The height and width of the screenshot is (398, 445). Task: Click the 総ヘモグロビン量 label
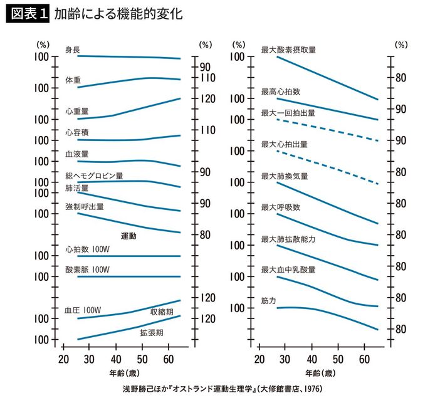pos(95,175)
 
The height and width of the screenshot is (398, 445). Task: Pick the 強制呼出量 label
pos(85,206)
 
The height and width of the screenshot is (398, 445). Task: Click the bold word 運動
pos(128,236)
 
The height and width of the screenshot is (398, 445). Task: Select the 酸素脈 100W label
pos(88,270)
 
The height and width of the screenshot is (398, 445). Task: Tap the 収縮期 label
pos(162,312)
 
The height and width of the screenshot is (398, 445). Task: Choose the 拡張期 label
pos(152,332)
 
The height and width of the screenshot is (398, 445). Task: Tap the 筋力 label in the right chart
pos(269,301)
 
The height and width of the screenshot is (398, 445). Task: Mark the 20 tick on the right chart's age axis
pos(259,359)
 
